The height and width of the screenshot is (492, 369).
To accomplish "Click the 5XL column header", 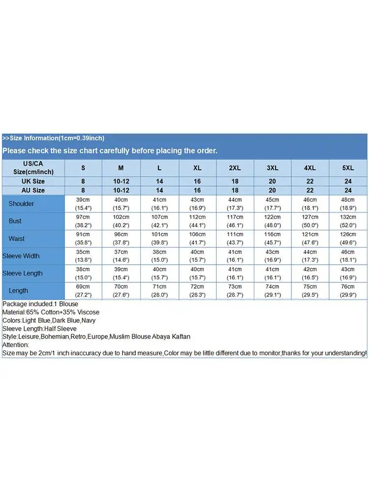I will pyautogui.click(x=348, y=168).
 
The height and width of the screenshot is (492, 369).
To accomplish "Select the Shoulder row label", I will pyautogui.click(x=21, y=204).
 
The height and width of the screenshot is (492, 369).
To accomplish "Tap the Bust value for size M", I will pyautogui.click(x=121, y=221).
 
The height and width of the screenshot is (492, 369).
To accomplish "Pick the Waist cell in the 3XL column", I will pyautogui.click(x=272, y=239).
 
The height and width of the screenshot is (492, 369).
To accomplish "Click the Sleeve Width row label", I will pyautogui.click(x=21, y=256).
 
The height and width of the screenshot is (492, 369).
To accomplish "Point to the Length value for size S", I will pyautogui.click(x=83, y=291).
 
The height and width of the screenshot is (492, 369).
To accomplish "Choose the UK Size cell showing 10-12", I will pyautogui.click(x=121, y=181).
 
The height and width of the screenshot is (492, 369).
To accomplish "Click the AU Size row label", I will pyautogui.click(x=33, y=190).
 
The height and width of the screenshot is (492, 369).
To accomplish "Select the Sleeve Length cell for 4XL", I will pyautogui.click(x=310, y=274).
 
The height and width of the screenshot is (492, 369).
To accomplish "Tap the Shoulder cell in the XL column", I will pyautogui.click(x=197, y=204).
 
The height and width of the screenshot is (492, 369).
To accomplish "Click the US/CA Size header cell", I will pyautogui.click(x=33, y=168).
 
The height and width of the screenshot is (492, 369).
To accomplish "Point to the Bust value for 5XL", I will pyautogui.click(x=348, y=221).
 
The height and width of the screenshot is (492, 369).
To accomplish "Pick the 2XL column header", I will pyautogui.click(x=235, y=168).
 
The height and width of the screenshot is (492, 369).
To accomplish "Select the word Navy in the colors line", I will pyautogui.click(x=89, y=320).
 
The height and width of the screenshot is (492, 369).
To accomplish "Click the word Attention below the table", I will pyautogui.click(x=15, y=345).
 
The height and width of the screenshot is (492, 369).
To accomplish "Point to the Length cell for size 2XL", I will pyautogui.click(x=235, y=291).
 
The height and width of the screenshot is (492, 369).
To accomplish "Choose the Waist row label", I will pyautogui.click(x=16, y=239).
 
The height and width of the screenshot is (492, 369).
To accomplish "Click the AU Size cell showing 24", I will pyautogui.click(x=348, y=190).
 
